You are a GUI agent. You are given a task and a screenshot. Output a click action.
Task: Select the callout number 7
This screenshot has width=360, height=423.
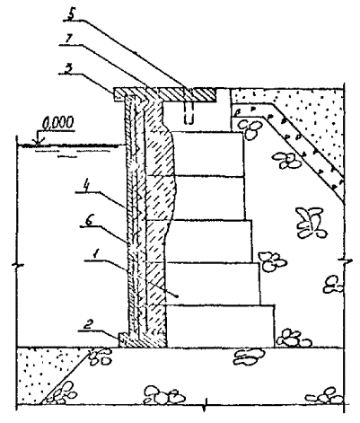pos(68,40)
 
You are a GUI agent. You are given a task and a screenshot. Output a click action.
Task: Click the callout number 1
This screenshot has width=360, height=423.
pos(95,254)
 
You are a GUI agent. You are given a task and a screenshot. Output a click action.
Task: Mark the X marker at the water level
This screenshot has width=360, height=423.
pos(38,144)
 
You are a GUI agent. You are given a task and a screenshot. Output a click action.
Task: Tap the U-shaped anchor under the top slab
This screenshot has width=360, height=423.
pos(189,115)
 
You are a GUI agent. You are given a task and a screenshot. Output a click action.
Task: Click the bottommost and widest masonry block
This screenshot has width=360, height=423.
pos(220,326)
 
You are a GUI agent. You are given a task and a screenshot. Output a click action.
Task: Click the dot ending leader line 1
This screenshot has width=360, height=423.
pos(178,296)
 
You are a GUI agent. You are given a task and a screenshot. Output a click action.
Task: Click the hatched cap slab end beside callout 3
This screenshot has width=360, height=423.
pos(119,94)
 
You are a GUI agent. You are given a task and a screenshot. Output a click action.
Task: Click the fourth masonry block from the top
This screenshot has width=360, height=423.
pos(213,284)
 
